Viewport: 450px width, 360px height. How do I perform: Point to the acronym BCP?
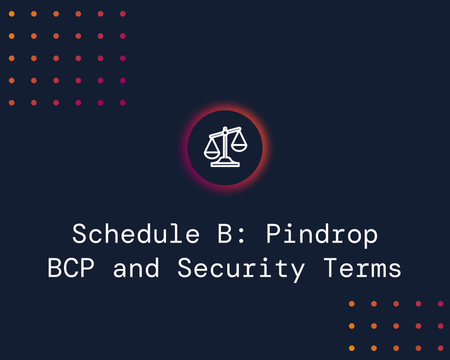[75, 269]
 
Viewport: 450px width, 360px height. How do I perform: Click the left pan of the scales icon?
[212, 150]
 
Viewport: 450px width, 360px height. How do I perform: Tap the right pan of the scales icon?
[239, 144]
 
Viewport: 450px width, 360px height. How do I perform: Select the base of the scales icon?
[225, 164]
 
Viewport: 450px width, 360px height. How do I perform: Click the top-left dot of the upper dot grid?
[12, 14]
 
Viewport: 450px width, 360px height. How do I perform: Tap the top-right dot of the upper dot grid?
[122, 14]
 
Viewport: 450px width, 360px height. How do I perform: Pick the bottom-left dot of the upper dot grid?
[12, 103]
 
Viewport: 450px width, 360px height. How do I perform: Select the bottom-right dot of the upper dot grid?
[122, 103]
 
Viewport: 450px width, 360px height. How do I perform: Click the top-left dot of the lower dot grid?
[351, 304]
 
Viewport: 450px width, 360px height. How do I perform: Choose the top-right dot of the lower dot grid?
[440, 304]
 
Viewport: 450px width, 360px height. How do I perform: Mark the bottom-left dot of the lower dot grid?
[351, 348]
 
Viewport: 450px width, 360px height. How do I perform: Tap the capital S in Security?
[185, 269]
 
